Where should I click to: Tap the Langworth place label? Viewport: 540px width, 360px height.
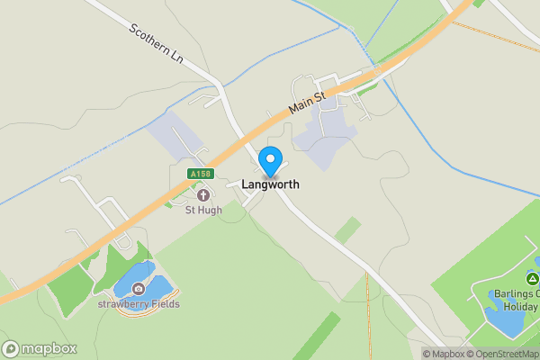coord(270,184)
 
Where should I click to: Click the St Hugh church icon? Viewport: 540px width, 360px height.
coord(202,194)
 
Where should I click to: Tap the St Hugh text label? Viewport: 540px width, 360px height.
coord(203,210)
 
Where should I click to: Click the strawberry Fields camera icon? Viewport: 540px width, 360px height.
coord(139,289)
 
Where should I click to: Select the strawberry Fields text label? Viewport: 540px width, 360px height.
coord(139,304)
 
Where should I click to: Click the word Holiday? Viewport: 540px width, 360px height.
coord(519,306)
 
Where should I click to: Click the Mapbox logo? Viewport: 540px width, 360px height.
coord(40,348)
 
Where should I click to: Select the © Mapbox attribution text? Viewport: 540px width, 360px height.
coord(445,354)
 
